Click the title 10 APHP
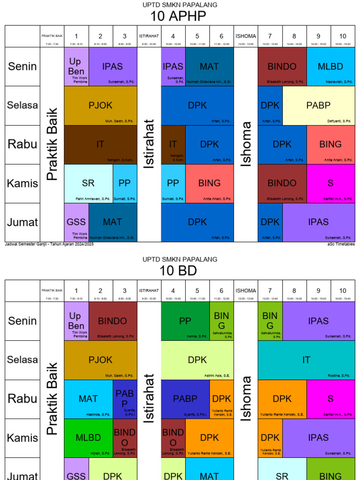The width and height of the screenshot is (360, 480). [x=178, y=16]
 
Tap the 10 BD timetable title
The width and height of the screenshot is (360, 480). [x=178, y=271]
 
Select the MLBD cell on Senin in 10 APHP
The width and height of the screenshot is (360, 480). [x=330, y=67]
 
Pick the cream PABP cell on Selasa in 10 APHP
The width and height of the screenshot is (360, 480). [x=318, y=105]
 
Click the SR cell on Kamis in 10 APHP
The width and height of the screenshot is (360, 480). [x=88, y=183]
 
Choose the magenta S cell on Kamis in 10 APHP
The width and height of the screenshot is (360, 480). [x=330, y=183]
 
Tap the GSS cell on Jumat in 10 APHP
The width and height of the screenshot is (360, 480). [x=76, y=222]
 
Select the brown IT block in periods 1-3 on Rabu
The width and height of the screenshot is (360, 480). [x=100, y=144]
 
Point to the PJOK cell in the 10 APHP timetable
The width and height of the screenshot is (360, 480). [x=100, y=105]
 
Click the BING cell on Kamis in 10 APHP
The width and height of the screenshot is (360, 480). [x=209, y=183]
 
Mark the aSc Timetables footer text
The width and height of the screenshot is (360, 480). [x=341, y=244]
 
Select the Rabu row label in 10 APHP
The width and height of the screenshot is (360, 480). [x=22, y=144]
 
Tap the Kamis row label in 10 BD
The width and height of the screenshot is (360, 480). [x=22, y=438]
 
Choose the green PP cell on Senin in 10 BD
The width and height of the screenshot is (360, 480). [x=185, y=321]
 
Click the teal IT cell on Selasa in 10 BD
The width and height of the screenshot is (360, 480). [x=306, y=360]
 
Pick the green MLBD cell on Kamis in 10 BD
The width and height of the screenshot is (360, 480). [x=88, y=438]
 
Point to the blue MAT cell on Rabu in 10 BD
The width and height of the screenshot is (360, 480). [x=88, y=399]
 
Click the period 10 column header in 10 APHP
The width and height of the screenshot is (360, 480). [x=343, y=37]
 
